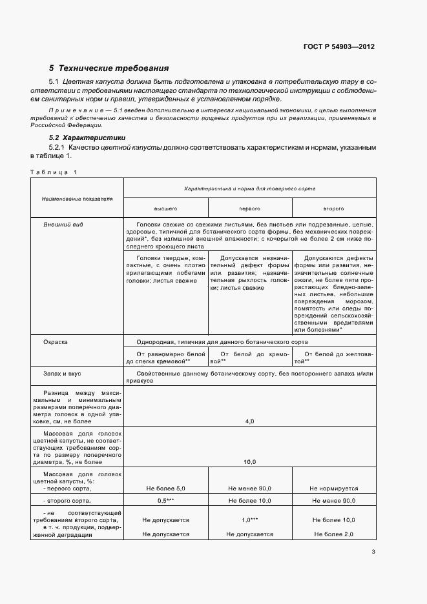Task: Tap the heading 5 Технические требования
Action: (x=109, y=68)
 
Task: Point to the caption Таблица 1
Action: (x=54, y=172)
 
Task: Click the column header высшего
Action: (x=165, y=209)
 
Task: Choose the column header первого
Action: (x=249, y=209)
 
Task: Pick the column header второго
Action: (x=333, y=209)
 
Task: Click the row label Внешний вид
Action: (x=63, y=225)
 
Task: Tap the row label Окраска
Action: (x=56, y=341)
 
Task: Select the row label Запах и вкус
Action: (x=62, y=374)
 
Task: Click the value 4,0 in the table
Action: (x=249, y=421)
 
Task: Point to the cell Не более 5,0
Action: (x=165, y=488)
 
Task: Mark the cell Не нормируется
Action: (x=333, y=488)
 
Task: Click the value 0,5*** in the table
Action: (x=166, y=501)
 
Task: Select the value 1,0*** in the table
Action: (x=249, y=519)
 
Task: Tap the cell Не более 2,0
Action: (x=333, y=534)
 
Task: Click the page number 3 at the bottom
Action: (x=373, y=551)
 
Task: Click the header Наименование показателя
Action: (x=77, y=199)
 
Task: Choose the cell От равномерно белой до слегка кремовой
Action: (x=166, y=358)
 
